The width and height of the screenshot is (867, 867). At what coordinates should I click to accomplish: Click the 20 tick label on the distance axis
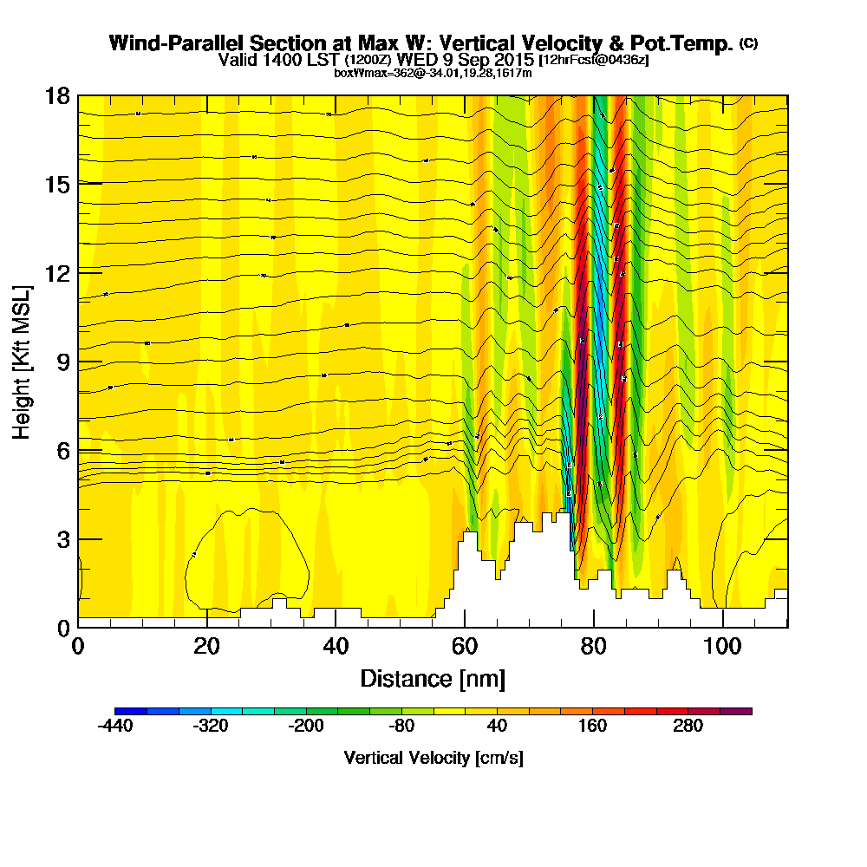206,646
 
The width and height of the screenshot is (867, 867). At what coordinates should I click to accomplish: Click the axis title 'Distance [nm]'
433,678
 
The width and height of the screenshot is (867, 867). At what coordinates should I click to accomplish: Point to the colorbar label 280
688,727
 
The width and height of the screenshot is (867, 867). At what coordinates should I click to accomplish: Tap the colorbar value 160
592,727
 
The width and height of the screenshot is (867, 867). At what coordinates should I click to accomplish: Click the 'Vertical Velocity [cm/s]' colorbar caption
433,758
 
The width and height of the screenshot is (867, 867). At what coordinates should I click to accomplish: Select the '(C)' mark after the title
748,43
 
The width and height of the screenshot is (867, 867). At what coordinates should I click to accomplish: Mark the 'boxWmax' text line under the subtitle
433,73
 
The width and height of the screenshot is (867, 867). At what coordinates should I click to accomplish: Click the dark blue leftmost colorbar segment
130,711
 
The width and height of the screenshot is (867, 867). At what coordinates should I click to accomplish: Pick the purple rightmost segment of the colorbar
736,711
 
